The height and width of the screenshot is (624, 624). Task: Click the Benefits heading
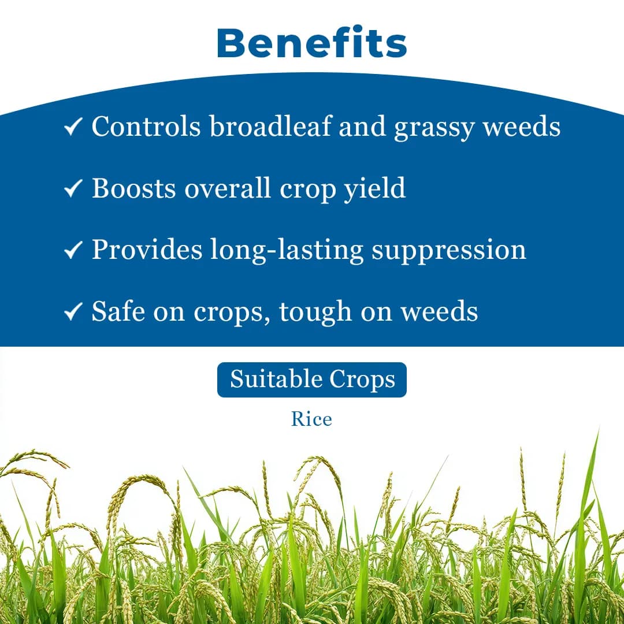pyautogui.click(x=312, y=43)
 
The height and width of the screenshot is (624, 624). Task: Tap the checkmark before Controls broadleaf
pyautogui.click(x=73, y=127)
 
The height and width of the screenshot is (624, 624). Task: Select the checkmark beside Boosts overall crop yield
pyautogui.click(x=73, y=189)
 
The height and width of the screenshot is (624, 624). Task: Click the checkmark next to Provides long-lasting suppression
pyautogui.click(x=73, y=250)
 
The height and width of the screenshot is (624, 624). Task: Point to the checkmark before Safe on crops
pyautogui.click(x=73, y=312)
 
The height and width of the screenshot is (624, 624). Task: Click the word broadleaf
pyautogui.click(x=270, y=126)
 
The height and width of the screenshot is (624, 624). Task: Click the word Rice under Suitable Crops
pyautogui.click(x=311, y=419)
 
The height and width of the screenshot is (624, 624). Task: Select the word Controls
pyautogui.click(x=146, y=126)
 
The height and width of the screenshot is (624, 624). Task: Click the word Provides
pyautogui.click(x=147, y=250)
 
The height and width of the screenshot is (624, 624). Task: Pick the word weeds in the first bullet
pyautogui.click(x=522, y=126)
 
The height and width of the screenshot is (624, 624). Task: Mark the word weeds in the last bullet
pyautogui.click(x=440, y=311)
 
